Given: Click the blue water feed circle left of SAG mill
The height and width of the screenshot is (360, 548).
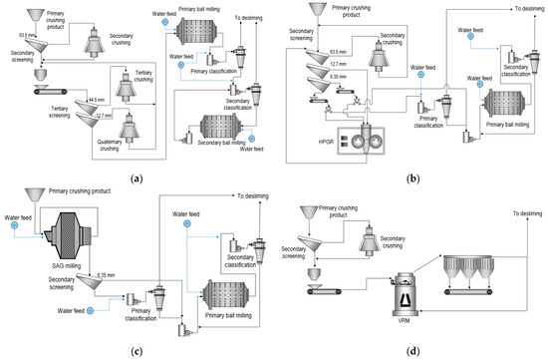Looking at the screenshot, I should pyautogui.click(x=15, y=225).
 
